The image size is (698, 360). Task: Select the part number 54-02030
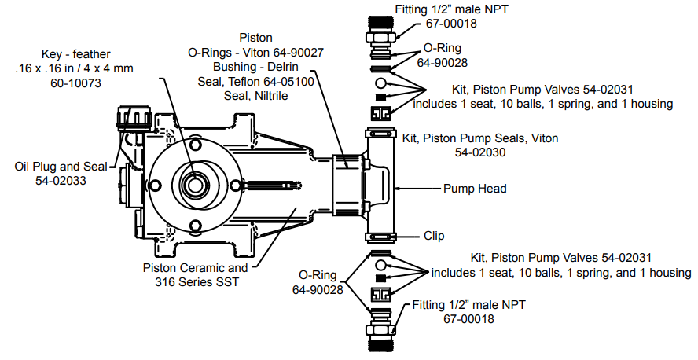click(x=480, y=152)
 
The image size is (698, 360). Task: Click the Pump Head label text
click(x=475, y=189)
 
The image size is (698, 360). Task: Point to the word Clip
click(x=435, y=235)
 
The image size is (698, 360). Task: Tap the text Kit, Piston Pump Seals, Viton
click(x=480, y=138)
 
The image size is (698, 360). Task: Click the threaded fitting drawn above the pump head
click(x=380, y=35)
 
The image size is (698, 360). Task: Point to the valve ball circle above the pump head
click(x=380, y=82)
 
